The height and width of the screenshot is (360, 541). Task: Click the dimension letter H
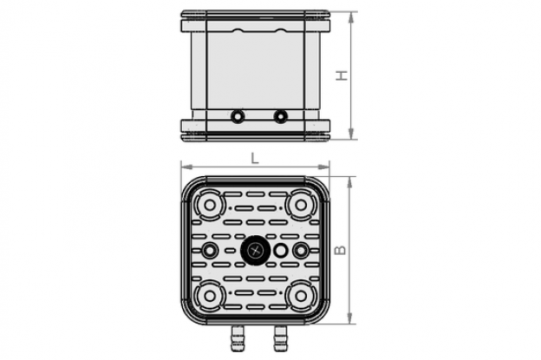(342, 75)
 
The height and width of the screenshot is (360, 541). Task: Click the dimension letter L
(255, 158)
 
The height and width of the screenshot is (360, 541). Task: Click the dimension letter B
(341, 250)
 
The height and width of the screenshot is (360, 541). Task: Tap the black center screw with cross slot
(255, 250)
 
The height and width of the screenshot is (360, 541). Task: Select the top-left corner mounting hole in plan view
(210, 205)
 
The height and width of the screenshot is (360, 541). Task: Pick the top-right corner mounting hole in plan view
(301, 205)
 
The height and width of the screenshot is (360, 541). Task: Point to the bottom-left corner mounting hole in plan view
(210, 296)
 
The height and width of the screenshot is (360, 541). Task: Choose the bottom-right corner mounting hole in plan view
(301, 296)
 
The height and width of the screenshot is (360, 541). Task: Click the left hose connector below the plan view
(238, 338)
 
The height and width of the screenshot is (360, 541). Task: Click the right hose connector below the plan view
(281, 338)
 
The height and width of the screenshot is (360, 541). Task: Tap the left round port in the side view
(237, 116)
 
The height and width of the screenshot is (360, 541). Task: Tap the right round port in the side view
(280, 116)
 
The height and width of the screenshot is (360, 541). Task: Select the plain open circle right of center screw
(280, 250)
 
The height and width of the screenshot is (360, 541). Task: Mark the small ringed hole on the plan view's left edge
(209, 250)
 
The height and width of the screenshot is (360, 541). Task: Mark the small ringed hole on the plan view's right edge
(301, 250)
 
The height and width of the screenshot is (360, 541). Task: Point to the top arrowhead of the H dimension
(351, 17)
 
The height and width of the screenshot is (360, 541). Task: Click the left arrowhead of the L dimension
(186, 167)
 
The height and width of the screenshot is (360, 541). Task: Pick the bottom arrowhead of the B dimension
(350, 318)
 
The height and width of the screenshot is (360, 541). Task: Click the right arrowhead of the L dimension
(323, 167)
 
